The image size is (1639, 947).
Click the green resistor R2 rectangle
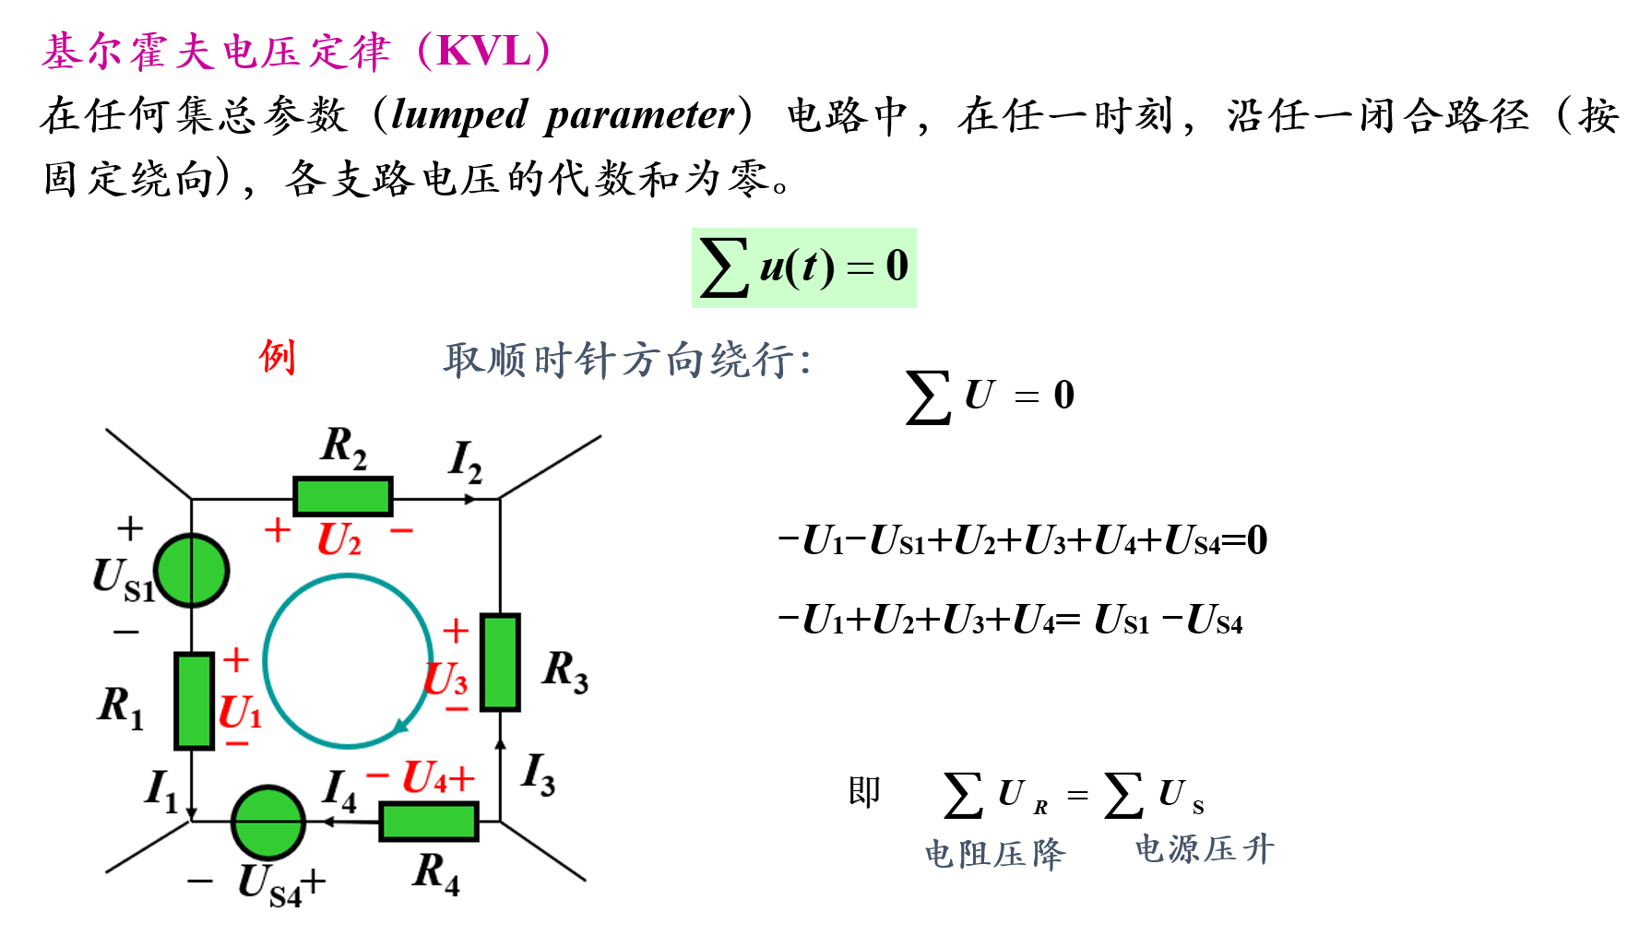pyautogui.click(x=343, y=496)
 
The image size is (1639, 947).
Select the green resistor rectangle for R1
pyautogui.click(x=195, y=701)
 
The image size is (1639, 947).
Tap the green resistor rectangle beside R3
pyautogui.click(x=500, y=662)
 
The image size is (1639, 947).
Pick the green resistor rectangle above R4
pyautogui.click(x=429, y=822)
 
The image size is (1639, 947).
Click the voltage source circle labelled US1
pyautogui.click(x=191, y=571)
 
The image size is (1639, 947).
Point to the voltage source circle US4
pyautogui.click(x=268, y=823)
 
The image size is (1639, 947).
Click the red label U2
pyautogui.click(x=338, y=539)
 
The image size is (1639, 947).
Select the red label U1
pyautogui.click(x=240, y=712)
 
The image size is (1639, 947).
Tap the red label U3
pyautogui.click(x=446, y=680)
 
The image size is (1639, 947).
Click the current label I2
pyautogui.click(x=465, y=461)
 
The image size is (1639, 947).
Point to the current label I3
pyautogui.click(x=538, y=774)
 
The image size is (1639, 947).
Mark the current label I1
pyautogui.click(x=161, y=791)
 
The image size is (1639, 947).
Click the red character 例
pyautogui.click(x=277, y=356)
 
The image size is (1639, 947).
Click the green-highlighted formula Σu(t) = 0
pyautogui.click(x=803, y=267)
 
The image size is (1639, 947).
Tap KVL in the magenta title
pyautogui.click(x=485, y=51)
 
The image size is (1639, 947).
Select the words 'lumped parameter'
pyautogui.click(x=564, y=115)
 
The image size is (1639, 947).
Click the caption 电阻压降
pyautogui.click(x=994, y=854)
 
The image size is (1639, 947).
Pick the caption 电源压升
pyautogui.click(x=1205, y=848)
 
